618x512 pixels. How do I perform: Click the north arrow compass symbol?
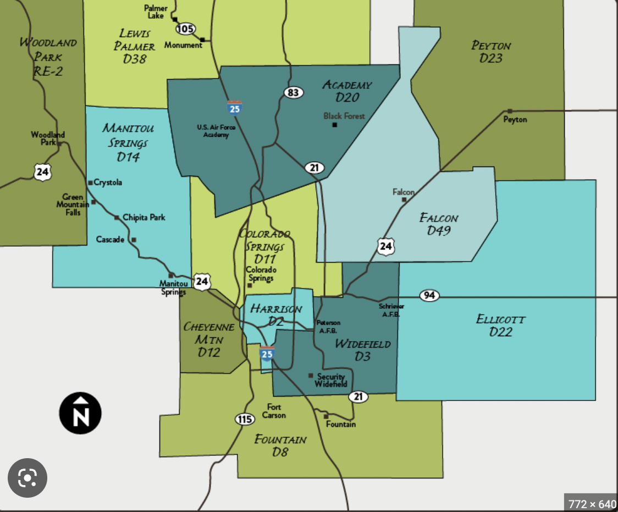tap(80, 413)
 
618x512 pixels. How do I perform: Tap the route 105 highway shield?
tap(186, 29)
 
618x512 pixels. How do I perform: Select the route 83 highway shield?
tap(294, 92)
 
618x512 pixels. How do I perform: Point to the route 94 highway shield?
tap(429, 296)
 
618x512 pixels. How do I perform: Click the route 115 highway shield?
tap(245, 420)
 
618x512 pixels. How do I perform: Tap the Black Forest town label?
tap(344, 116)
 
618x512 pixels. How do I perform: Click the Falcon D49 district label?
tap(439, 224)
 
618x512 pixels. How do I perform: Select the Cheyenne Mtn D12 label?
tap(209, 340)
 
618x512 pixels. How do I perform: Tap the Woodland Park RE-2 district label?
tap(48, 57)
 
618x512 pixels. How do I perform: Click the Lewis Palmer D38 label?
tap(135, 46)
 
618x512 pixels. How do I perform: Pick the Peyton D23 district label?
tap(491, 52)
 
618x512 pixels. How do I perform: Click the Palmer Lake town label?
tap(156, 12)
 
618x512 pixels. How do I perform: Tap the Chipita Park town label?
tap(144, 218)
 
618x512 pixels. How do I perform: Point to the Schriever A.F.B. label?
tap(390, 310)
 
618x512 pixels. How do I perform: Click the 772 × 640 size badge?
tap(592, 503)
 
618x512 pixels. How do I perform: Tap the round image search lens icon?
tap(27, 478)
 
